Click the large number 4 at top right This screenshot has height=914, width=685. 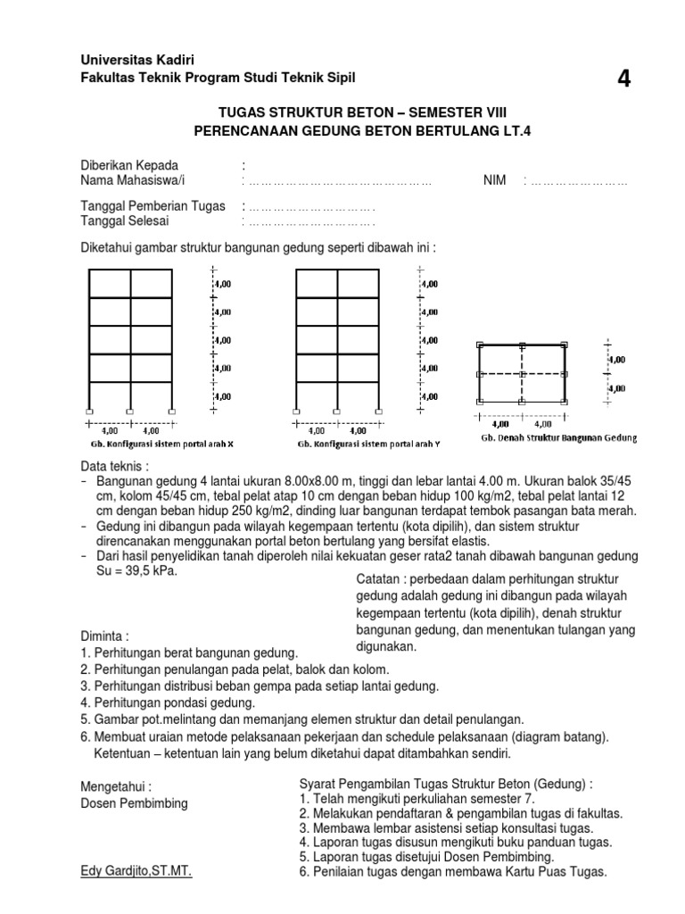(623, 79)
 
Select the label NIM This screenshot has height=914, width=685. (495, 180)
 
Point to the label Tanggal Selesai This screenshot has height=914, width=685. (124, 221)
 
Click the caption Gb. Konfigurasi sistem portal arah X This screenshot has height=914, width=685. (166, 443)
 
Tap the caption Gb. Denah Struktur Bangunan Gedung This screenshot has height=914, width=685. (558, 438)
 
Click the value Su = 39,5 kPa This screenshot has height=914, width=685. (134, 571)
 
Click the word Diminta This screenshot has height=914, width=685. (104, 637)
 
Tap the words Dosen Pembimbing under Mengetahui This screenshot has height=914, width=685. (134, 803)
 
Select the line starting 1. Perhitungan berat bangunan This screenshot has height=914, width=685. (189, 653)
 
